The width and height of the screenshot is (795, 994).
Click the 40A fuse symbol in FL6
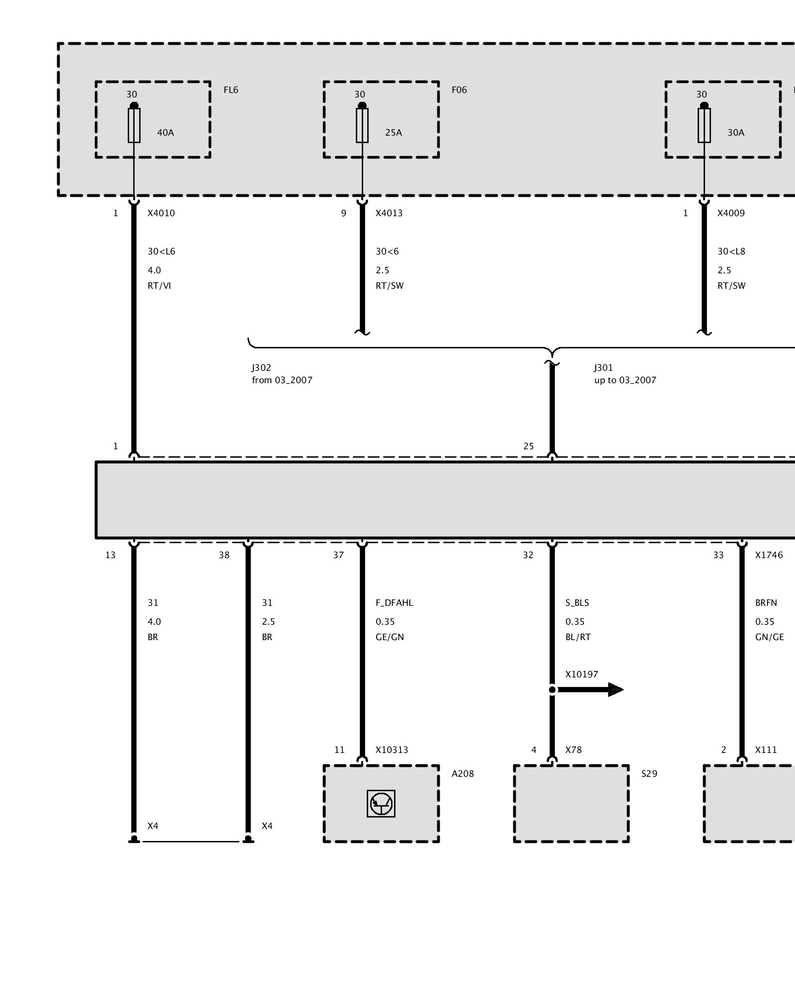134,125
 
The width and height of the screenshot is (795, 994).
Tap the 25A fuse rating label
394,133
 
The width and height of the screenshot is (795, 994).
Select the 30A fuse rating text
736,133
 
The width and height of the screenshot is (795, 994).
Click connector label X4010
161,213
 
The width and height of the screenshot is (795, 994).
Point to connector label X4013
389,213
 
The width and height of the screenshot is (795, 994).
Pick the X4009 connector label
731,213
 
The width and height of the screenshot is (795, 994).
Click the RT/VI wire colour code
159,286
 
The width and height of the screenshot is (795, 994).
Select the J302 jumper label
261,368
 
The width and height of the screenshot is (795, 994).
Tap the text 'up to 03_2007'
625,380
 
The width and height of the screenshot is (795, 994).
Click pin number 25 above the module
528,446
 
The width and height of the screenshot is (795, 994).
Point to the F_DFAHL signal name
394,603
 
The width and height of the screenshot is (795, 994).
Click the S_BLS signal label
577,603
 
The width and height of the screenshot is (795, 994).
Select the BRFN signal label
766,603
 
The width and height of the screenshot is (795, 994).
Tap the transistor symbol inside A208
381,804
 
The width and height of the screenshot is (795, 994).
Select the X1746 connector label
769,555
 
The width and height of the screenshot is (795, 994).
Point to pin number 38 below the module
224,555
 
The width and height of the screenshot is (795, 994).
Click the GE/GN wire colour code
390,637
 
